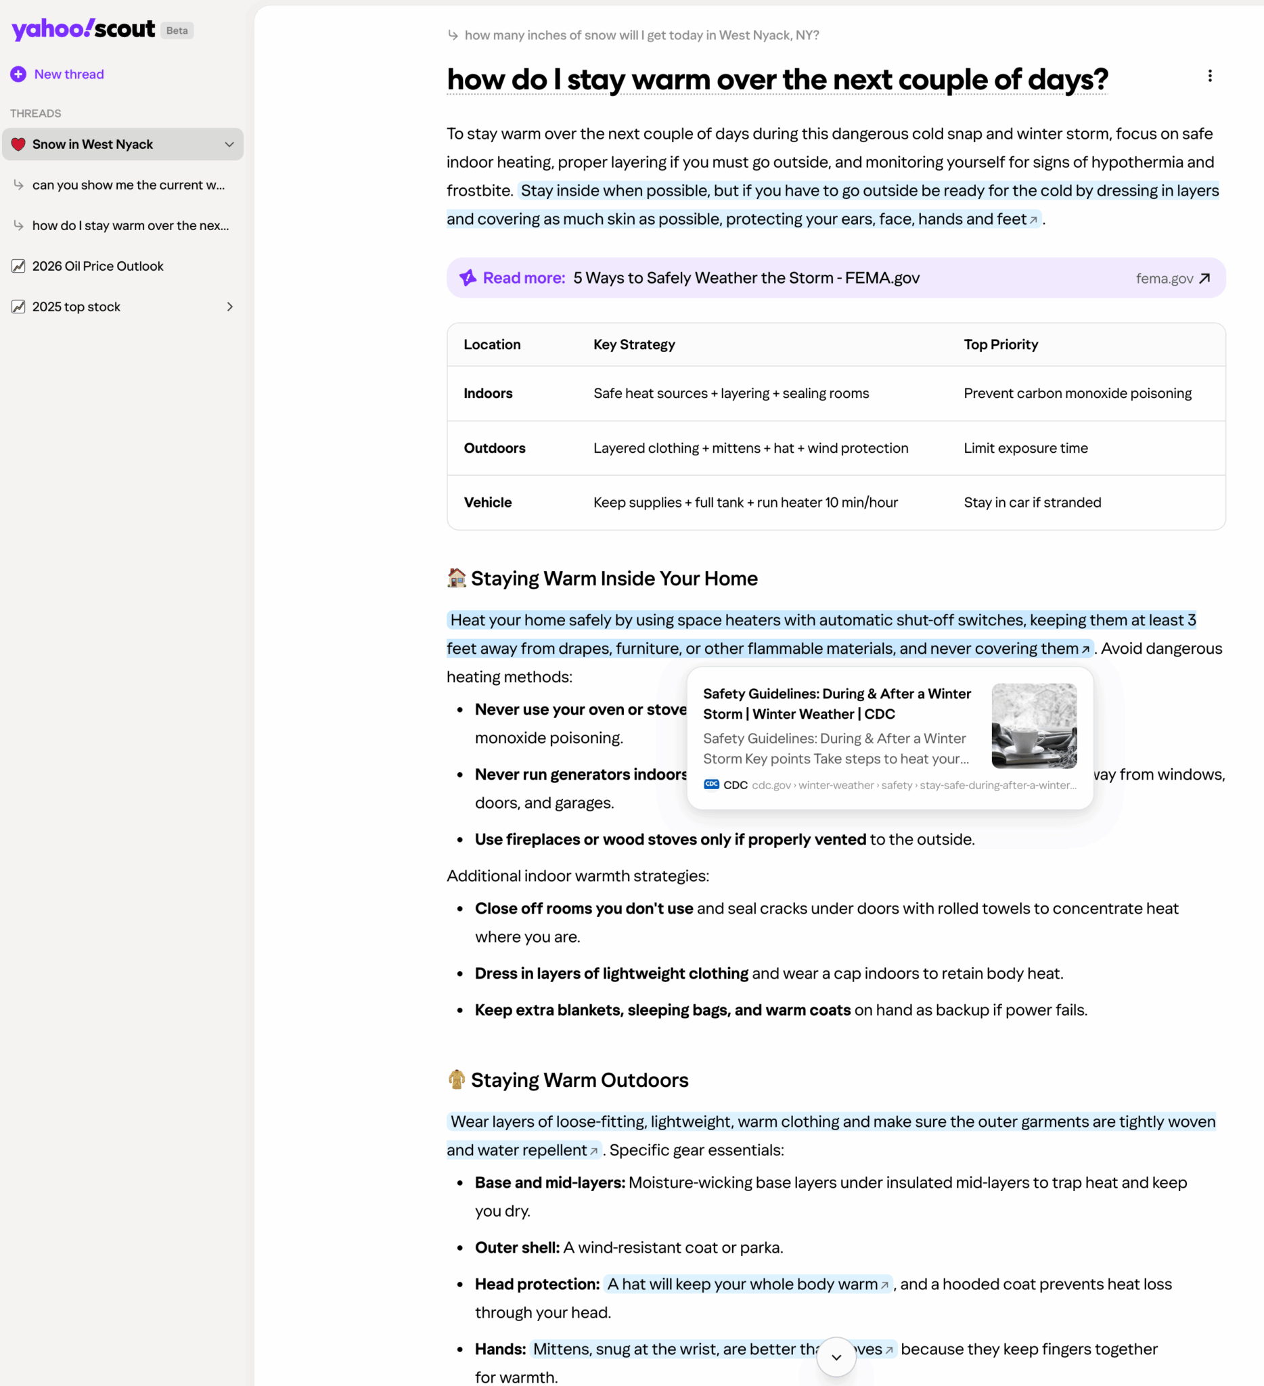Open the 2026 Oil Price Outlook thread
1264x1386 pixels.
(97, 266)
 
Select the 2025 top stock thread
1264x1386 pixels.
(76, 307)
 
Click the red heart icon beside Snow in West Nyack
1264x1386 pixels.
(18, 144)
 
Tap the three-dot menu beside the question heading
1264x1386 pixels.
(1210, 76)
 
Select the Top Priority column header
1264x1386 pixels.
(1001, 344)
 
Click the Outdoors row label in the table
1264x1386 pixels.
(494, 448)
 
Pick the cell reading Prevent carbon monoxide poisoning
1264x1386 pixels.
(1077, 393)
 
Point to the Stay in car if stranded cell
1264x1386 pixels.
(1032, 503)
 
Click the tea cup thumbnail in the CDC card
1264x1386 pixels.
(1034, 725)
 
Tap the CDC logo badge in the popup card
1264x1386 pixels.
(711, 784)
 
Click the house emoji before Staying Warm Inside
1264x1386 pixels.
(456, 578)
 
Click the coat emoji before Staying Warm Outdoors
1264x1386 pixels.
(456, 1079)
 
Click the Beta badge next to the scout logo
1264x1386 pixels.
(177, 30)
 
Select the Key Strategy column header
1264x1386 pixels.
(634, 344)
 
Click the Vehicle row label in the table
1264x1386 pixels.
(487, 503)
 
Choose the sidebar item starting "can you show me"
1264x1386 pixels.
(128, 185)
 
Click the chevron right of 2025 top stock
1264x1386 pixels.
(229, 307)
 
